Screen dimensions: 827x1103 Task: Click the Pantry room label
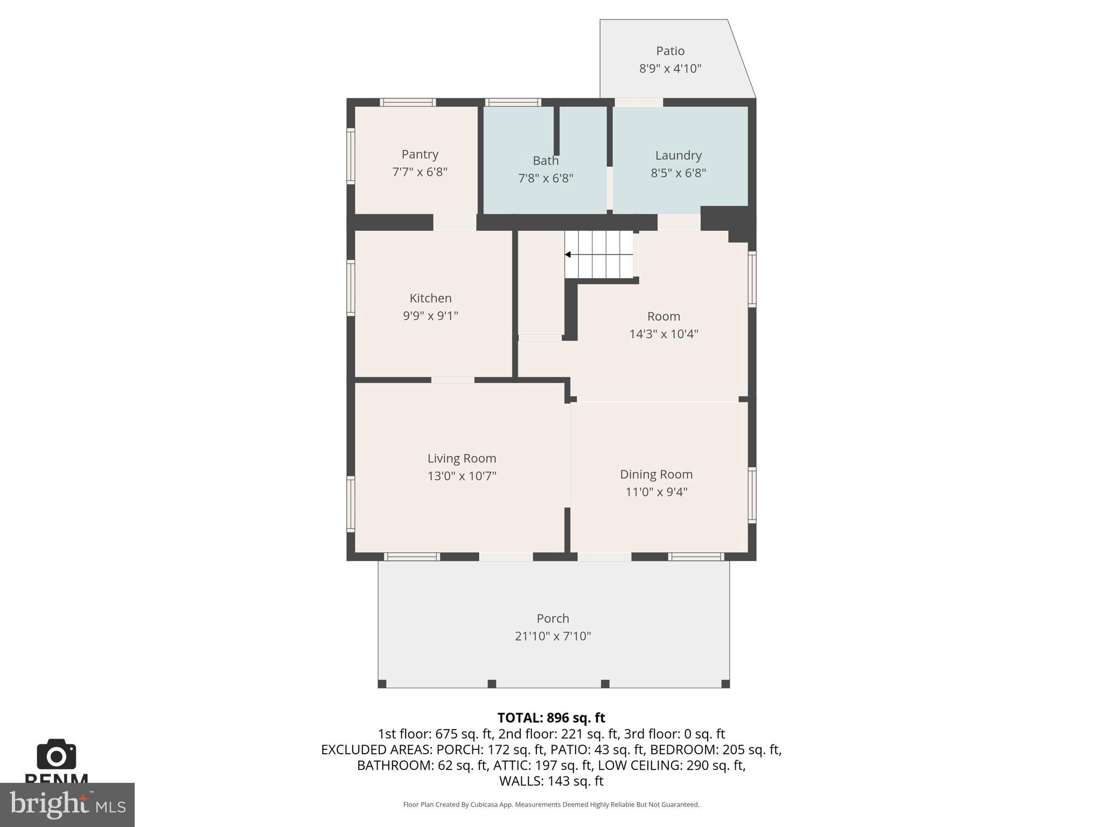(x=420, y=155)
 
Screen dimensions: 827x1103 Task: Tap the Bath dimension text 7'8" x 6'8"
(x=546, y=178)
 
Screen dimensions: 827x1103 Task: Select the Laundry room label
(x=678, y=156)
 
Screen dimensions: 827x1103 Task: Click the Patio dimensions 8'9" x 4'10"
(x=670, y=69)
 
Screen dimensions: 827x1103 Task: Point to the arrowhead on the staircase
(x=568, y=255)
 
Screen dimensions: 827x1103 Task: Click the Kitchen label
(x=430, y=298)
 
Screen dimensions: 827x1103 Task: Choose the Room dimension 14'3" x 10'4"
(x=664, y=334)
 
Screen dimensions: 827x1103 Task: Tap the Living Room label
(x=462, y=458)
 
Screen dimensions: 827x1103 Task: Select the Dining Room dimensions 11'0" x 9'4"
(x=656, y=492)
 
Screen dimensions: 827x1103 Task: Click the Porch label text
(x=553, y=619)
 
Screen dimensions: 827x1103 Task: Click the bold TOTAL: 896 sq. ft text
(x=551, y=718)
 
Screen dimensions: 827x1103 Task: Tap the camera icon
(x=57, y=754)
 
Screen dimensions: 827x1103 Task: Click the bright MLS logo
(x=67, y=804)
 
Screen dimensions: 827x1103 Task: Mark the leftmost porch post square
(x=382, y=684)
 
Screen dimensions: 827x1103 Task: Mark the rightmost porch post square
(x=725, y=684)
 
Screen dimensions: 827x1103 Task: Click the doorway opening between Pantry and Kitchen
(x=455, y=222)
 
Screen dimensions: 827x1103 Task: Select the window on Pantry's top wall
(x=408, y=102)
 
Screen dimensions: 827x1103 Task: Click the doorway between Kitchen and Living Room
(x=452, y=380)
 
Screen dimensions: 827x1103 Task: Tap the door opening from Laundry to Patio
(x=639, y=102)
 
